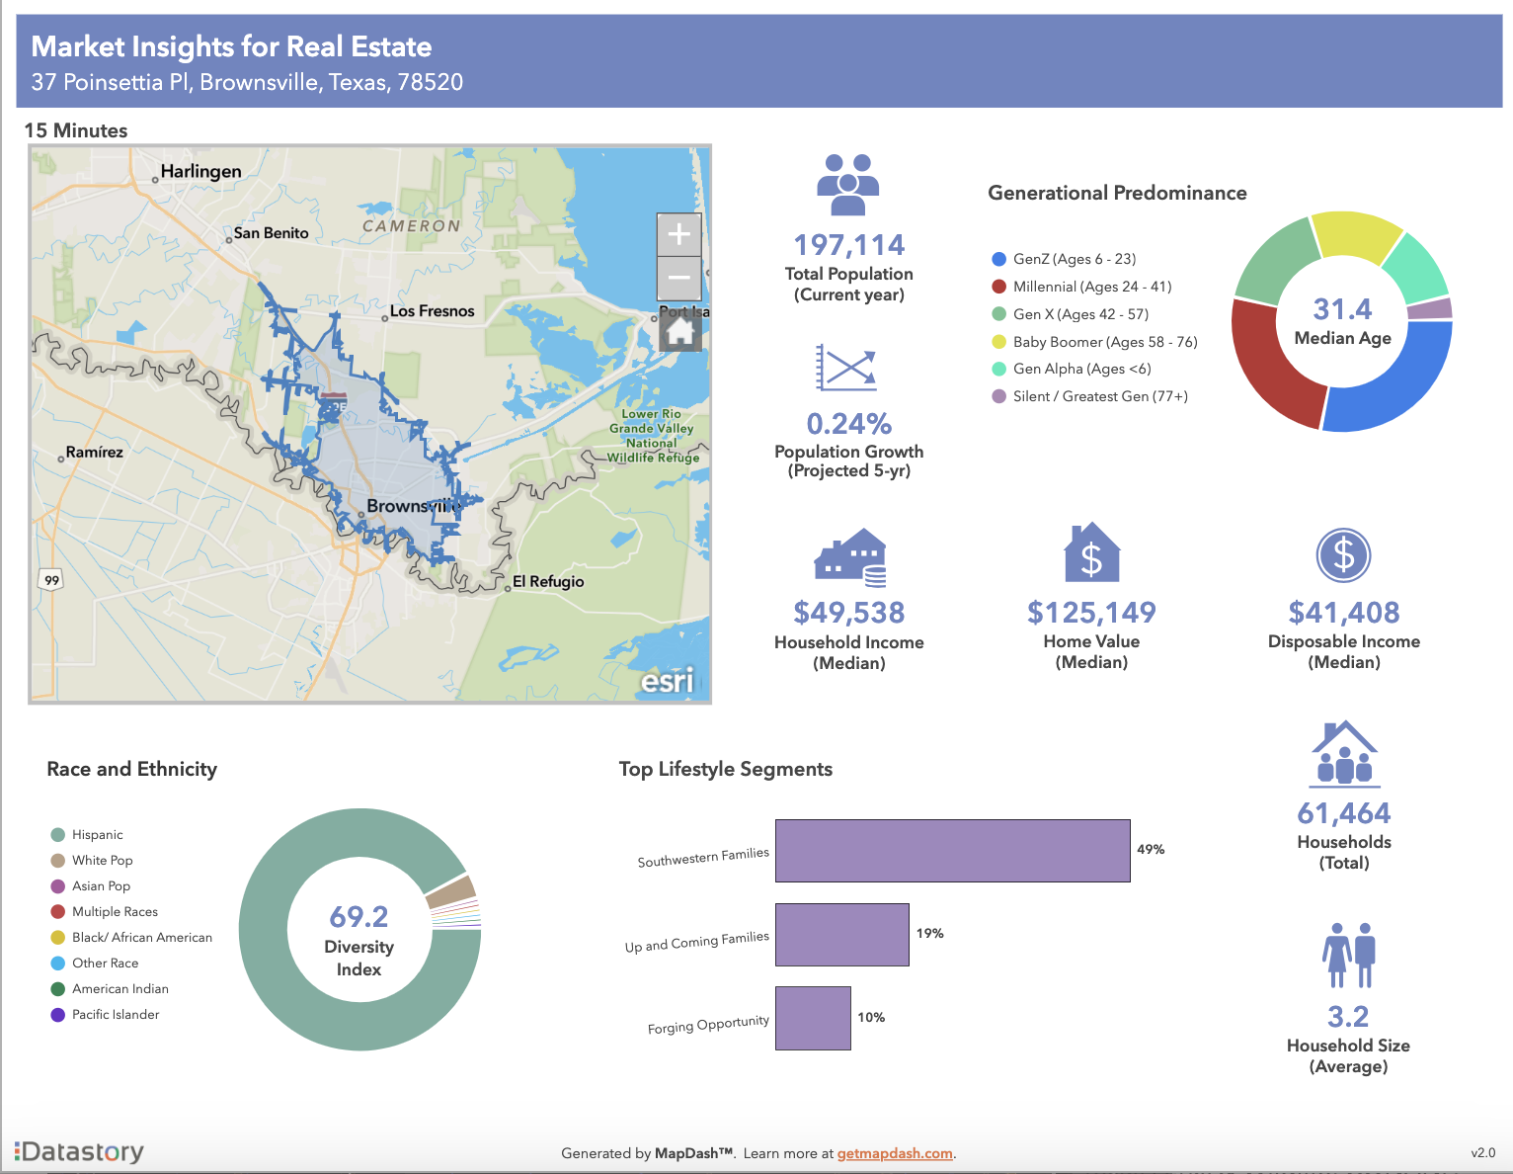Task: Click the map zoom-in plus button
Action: (x=678, y=235)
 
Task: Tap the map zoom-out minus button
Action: (x=678, y=278)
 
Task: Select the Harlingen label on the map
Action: (x=200, y=171)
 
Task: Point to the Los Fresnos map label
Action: (x=432, y=311)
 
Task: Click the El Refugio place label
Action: (x=548, y=581)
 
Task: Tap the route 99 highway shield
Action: (x=51, y=580)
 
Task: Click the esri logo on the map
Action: (x=667, y=681)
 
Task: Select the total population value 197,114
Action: (x=849, y=244)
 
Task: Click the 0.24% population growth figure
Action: (x=849, y=424)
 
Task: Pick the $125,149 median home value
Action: (x=1091, y=613)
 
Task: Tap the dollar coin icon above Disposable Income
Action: (x=1343, y=555)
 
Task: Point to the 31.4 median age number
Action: (x=1342, y=309)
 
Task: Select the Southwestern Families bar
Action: (x=952, y=851)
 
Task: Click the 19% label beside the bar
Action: (x=929, y=933)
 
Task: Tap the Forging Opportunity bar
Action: (x=813, y=1018)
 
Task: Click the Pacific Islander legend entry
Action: (x=115, y=1015)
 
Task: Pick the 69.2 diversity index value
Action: (x=358, y=917)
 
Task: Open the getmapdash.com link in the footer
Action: (x=895, y=1153)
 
